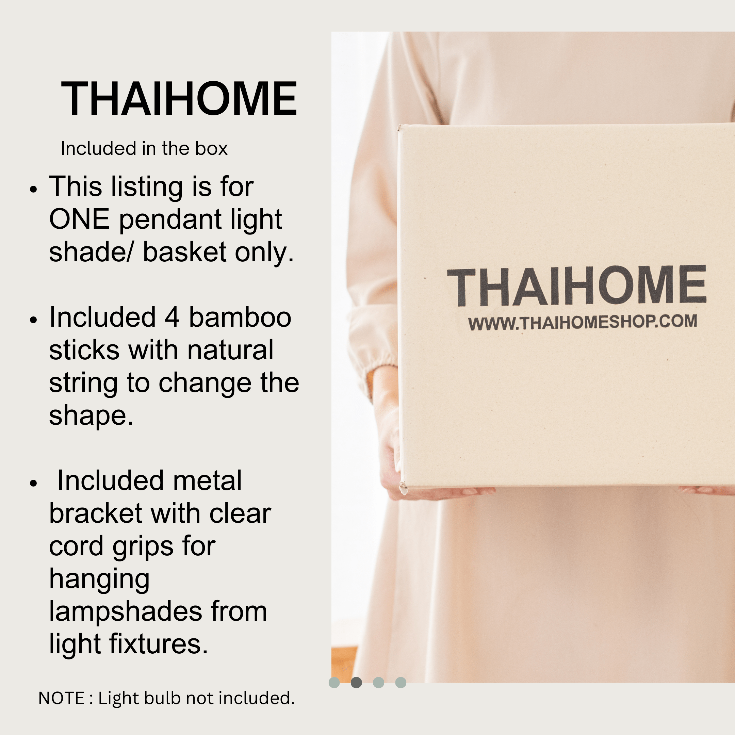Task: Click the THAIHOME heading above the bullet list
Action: [179, 98]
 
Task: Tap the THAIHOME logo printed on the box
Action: [576, 286]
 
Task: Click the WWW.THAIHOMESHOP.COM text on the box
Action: [583, 322]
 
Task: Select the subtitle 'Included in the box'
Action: [144, 148]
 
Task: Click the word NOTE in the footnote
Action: [61, 698]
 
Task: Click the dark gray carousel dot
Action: [356, 683]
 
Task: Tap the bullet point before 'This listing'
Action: [34, 189]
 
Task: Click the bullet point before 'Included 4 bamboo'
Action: [34, 320]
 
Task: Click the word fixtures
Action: [159, 644]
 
